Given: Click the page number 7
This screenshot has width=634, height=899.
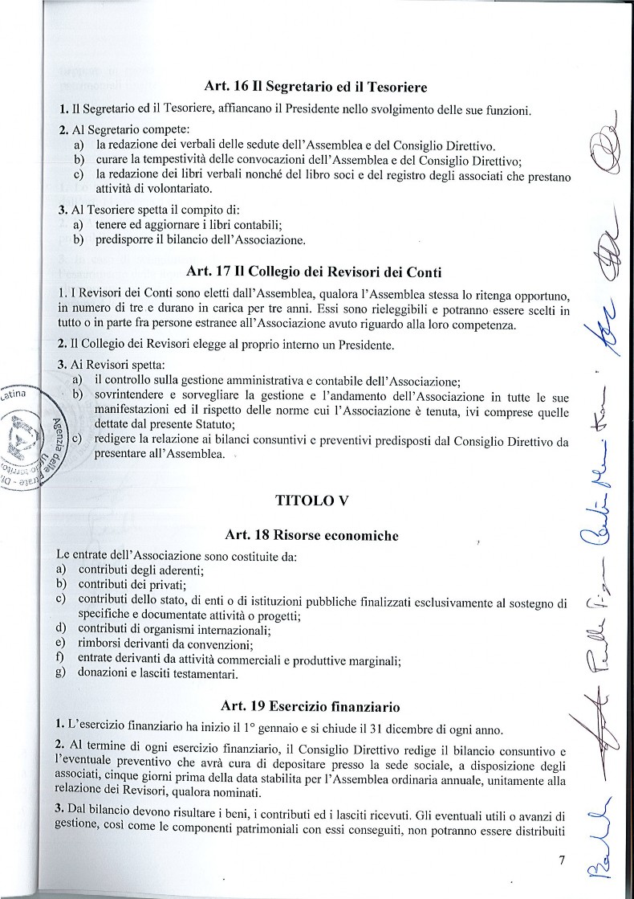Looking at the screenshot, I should (562, 860).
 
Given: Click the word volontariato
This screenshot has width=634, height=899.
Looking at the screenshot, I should (153, 189).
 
